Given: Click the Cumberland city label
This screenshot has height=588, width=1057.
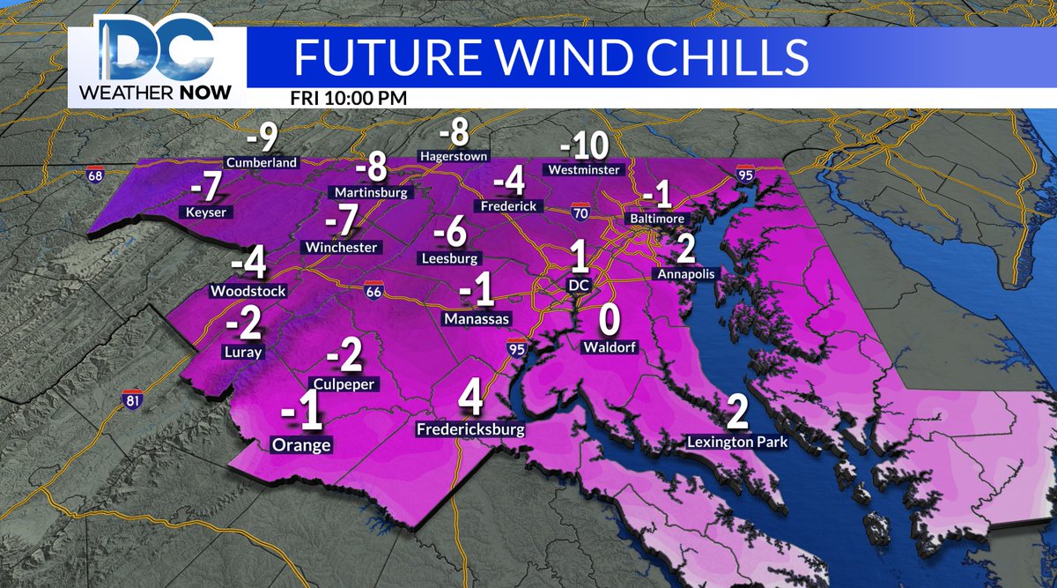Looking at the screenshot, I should point(262,162).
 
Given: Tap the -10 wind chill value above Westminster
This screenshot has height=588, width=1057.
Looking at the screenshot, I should point(584,144).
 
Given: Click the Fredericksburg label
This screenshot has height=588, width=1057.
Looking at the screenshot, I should point(470,430).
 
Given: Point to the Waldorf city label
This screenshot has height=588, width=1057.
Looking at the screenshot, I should point(608,347).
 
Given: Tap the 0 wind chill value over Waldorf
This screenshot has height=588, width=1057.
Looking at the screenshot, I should point(608,318).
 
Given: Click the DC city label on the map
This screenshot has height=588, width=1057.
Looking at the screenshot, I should point(579,285).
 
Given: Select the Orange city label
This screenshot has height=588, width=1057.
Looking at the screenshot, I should point(302,444).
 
